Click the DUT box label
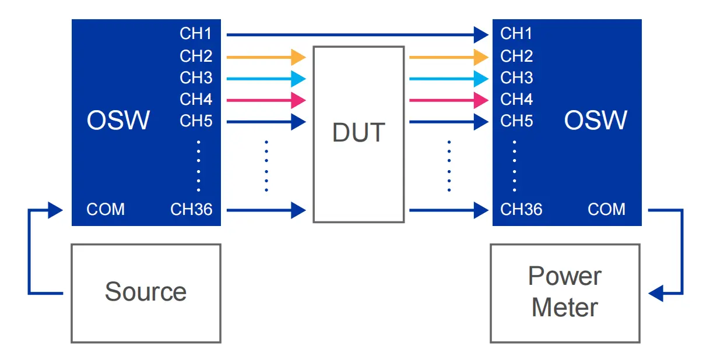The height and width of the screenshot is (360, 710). [358, 133]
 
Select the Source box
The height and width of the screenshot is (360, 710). [146, 292]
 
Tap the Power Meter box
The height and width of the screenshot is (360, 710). [565, 292]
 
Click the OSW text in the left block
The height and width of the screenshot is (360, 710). [118, 121]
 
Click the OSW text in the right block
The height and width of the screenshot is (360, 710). [596, 121]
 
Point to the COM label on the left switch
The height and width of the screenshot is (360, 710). [106, 210]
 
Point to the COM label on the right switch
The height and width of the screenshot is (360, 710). [607, 210]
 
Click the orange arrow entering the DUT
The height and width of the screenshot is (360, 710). [266, 57]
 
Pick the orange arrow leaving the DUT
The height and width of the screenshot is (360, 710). [449, 57]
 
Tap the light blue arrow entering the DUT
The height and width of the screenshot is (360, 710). [266, 78]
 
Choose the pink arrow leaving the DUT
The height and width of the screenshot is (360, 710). [449, 100]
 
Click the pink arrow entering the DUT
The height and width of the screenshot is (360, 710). [266, 100]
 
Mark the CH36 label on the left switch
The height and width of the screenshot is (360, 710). [191, 210]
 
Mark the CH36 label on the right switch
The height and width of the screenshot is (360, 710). [521, 210]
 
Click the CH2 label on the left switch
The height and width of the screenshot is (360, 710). [196, 57]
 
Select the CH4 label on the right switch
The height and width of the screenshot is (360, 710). [516, 100]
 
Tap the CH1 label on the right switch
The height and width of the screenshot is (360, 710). [516, 34]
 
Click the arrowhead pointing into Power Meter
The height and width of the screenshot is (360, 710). [656, 293]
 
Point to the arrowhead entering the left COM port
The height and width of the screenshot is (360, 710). [55, 210]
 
